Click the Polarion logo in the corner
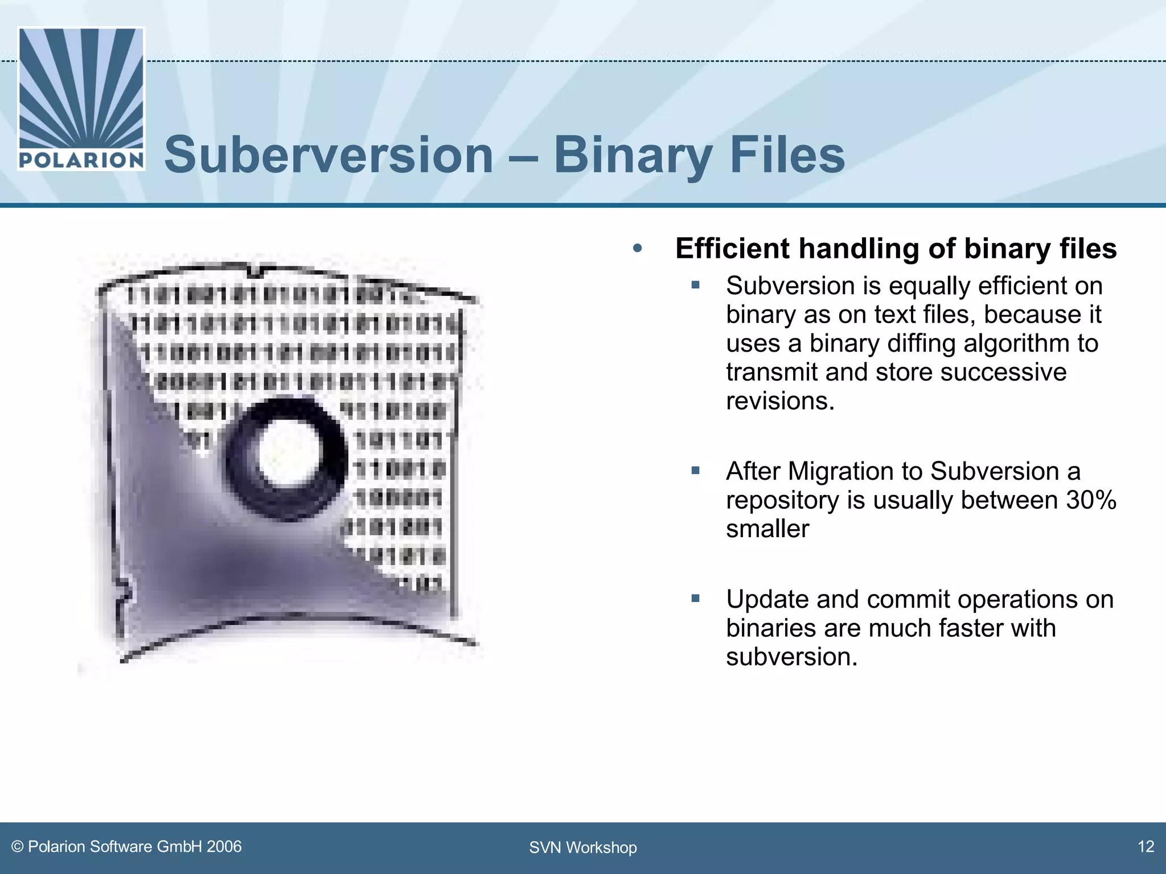(81, 99)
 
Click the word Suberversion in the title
(329, 155)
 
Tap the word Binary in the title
(633, 155)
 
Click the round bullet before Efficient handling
(637, 249)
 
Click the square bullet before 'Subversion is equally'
(695, 285)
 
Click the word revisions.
(780, 401)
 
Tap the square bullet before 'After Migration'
(695, 470)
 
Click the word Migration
(839, 471)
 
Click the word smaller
(767, 529)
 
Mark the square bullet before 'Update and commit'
(695, 598)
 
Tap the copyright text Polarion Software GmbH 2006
(126, 847)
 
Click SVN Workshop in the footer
(582, 848)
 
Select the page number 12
(1146, 847)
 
